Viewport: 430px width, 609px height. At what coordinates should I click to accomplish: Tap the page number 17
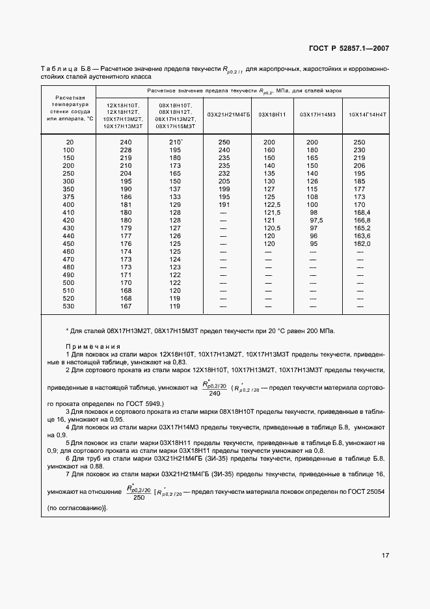(385, 556)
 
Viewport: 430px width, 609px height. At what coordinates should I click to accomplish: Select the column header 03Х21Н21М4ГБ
(228, 115)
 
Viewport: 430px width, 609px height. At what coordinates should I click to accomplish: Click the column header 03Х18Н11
(273, 115)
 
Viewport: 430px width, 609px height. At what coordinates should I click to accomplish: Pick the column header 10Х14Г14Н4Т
(368, 115)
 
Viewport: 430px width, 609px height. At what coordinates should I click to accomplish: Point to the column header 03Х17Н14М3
(317, 115)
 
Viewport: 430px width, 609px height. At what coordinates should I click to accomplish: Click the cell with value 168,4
(361, 211)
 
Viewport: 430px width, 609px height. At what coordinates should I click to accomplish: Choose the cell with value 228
(126, 149)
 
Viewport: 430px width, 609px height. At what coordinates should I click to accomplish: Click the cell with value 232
(224, 172)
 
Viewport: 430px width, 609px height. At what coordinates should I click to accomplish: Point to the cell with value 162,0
(361, 243)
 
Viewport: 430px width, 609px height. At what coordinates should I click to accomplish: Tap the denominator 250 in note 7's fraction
(139, 497)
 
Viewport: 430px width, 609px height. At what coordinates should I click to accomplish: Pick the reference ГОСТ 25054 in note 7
(369, 492)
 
